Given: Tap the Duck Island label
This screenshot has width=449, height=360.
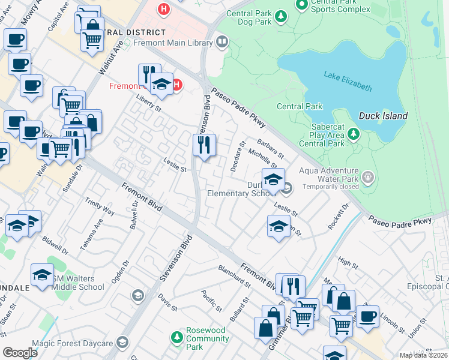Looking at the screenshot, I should point(383,116).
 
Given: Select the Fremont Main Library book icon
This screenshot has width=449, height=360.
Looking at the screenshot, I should point(222,41).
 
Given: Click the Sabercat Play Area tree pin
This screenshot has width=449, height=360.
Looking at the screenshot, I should point(354,133).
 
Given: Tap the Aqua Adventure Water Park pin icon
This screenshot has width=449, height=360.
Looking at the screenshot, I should point(369,177).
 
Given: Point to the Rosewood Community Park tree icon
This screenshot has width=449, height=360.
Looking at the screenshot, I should point(177,338).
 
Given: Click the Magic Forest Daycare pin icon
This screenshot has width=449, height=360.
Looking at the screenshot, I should point(122,343).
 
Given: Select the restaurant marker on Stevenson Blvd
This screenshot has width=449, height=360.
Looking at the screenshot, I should point(204,145).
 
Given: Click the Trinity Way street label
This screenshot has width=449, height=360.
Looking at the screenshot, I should point(100,208).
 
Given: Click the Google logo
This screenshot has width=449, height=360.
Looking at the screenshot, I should point(20,353).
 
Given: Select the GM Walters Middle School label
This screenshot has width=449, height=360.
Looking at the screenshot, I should point(78,282).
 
